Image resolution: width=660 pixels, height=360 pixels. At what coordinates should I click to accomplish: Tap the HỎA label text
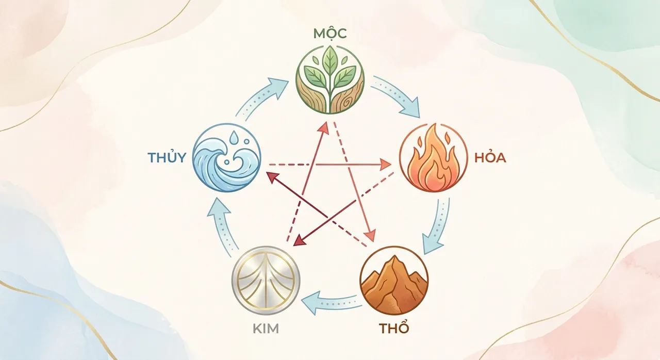[x=490, y=158]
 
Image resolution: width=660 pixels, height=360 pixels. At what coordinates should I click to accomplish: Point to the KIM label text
[x=266, y=329]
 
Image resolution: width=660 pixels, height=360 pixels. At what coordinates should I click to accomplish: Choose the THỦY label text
[x=167, y=157]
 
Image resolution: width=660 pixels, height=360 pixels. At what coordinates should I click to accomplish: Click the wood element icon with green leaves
[x=330, y=80]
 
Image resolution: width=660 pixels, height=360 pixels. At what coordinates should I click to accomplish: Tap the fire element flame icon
[x=434, y=158]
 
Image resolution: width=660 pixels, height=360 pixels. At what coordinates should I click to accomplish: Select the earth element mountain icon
[x=394, y=281]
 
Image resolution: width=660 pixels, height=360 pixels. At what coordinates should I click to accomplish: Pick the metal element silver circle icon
[x=266, y=281]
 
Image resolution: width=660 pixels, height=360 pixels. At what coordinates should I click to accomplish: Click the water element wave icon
[x=226, y=158]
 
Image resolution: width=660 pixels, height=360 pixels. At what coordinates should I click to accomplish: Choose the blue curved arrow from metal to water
[x=223, y=227]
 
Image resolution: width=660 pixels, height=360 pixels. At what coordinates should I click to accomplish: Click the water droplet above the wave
[x=235, y=136]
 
